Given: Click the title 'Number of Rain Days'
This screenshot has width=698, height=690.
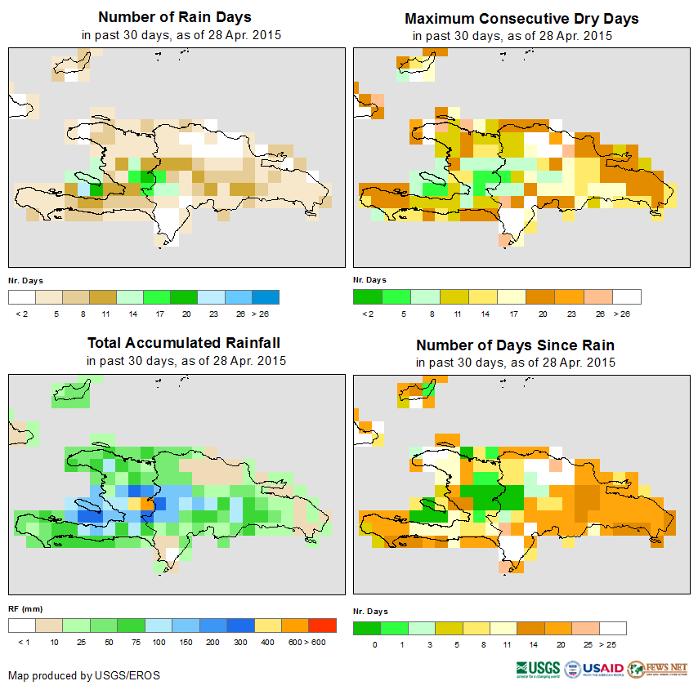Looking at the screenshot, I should pos(174,17).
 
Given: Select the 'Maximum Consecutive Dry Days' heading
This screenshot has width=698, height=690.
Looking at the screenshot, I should pos(521,18).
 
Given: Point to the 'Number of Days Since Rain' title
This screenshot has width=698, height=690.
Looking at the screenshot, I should pos(515,345).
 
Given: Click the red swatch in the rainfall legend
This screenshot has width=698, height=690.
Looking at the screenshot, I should pos(322,625).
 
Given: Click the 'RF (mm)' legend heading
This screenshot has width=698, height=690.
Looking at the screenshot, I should pos(25,609).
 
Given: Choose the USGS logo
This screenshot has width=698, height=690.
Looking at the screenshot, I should pos(538,670).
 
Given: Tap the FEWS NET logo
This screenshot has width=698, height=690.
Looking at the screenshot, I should pos(659,669).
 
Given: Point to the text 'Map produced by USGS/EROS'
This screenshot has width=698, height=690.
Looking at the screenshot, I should pos(84,675).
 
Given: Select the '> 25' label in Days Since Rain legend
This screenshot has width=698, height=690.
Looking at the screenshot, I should pos(613,645).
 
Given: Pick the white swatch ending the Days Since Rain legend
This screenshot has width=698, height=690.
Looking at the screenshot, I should pos(612,628).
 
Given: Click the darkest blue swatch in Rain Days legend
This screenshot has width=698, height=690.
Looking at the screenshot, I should pos(266,296).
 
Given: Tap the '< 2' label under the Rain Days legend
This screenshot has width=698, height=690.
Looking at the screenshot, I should pos(22,314).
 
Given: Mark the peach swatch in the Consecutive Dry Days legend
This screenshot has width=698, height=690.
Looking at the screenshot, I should pos(599,296).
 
